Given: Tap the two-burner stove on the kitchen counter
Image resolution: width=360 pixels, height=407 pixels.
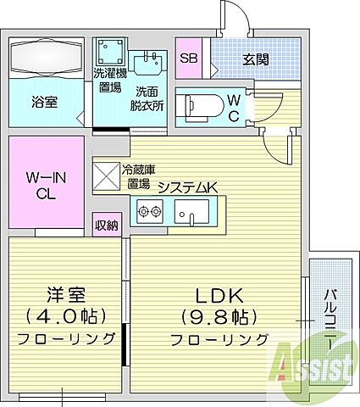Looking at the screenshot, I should coord(149,212).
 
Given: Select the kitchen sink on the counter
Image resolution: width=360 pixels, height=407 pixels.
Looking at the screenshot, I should coord(193,212).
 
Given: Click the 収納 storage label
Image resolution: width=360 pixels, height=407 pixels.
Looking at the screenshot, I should coord(107,225).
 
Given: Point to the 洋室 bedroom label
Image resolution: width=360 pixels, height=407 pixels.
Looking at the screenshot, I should coord(67,297).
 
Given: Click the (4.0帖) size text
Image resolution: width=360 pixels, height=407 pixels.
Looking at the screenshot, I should coord(67,318).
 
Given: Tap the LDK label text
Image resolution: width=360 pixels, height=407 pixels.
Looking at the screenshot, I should coord(219,297).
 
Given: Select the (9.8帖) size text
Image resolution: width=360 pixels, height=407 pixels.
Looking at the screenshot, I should coord(219,318).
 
